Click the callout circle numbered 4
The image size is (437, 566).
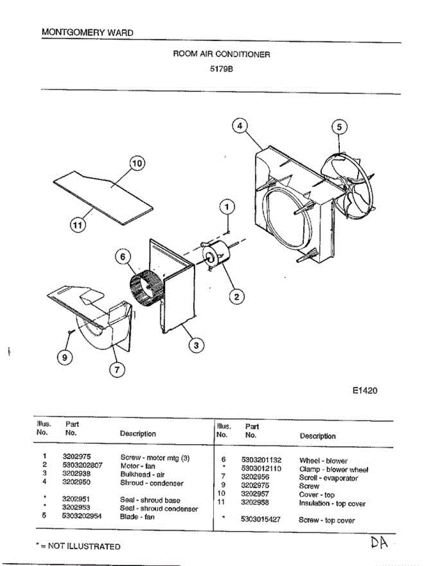coord(240,126)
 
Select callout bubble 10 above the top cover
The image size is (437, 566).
coord(136,163)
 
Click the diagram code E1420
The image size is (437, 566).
coord(365,391)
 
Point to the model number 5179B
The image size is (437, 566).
coord(222,68)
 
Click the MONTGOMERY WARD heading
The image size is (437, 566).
coord(87,33)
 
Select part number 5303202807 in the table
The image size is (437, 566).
coord(82,465)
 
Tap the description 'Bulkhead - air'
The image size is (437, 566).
coord(142,474)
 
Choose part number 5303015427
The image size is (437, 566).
coord(261,520)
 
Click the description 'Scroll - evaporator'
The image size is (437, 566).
coord(328,478)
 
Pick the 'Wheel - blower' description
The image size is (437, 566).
coord(323,460)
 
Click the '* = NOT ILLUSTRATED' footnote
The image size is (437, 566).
coord(78,546)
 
